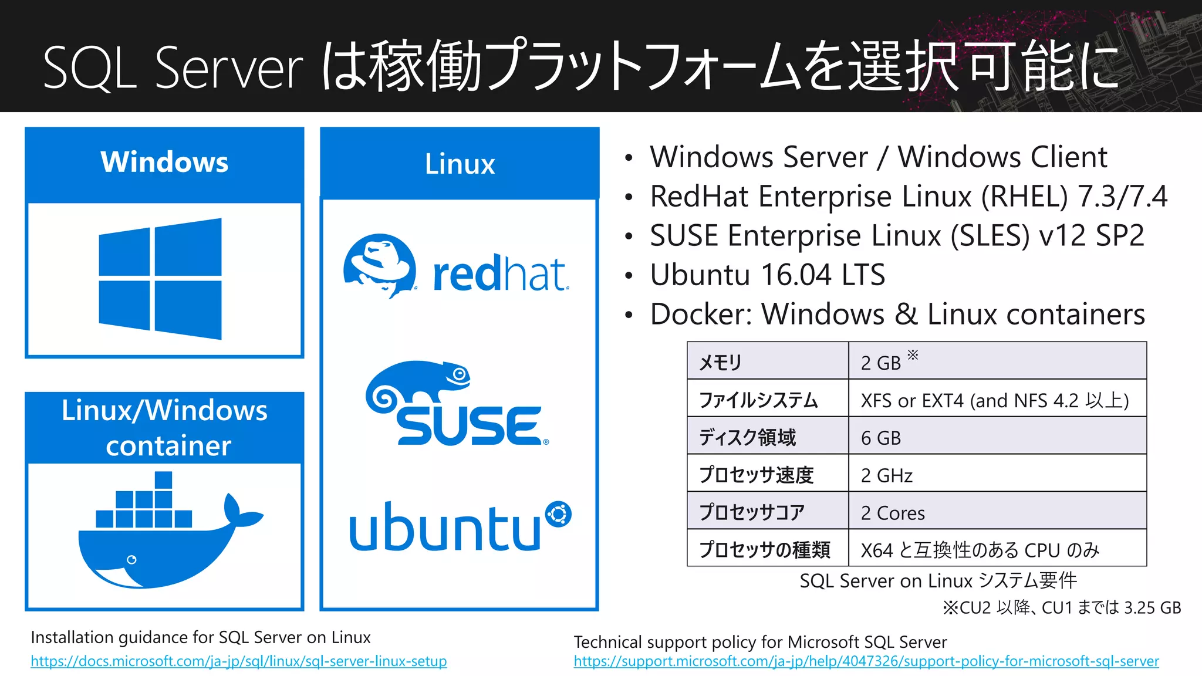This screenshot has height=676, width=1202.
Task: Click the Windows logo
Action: point(160,279)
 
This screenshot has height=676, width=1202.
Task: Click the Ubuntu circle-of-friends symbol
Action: point(558,515)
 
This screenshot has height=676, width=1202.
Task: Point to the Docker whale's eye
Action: point(131,560)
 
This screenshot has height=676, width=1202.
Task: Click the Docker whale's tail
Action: point(241,513)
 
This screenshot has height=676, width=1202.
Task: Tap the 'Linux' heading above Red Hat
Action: point(460,164)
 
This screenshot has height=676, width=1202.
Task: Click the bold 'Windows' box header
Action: point(164,162)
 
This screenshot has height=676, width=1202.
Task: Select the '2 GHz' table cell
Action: point(886,475)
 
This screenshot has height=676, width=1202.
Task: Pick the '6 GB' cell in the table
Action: point(880,438)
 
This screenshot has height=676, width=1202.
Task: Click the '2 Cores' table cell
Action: point(892,513)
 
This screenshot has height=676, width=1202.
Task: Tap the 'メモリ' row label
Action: point(720,363)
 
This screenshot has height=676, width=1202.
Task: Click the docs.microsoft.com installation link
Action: point(238,661)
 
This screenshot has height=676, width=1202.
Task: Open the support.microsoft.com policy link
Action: point(866,661)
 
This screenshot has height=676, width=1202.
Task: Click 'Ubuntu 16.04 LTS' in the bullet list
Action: point(767,275)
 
